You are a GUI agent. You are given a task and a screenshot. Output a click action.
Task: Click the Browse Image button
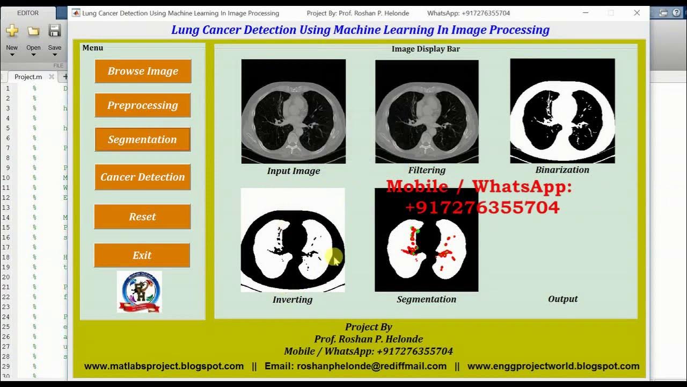point(143,71)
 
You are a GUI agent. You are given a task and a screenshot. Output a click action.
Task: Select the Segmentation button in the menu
point(142,139)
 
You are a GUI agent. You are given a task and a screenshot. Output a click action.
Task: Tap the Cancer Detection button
point(142,177)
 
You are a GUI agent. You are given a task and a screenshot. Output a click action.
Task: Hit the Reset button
point(142,217)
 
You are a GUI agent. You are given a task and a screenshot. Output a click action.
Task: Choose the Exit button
point(142,255)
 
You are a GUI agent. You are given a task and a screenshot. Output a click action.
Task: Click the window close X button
point(637,13)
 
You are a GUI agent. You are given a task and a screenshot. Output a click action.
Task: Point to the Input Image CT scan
point(293,111)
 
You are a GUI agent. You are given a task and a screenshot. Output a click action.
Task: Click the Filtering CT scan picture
point(427,111)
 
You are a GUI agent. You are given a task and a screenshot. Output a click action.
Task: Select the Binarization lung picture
point(562,111)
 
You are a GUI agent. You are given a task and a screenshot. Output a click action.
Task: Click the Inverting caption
point(293,299)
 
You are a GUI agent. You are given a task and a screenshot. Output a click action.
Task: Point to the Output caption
point(562,299)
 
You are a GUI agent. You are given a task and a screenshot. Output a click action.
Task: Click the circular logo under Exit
point(139,292)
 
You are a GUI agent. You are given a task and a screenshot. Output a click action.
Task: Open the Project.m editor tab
point(28,77)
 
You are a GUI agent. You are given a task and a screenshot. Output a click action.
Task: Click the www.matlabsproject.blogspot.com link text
point(164,366)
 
